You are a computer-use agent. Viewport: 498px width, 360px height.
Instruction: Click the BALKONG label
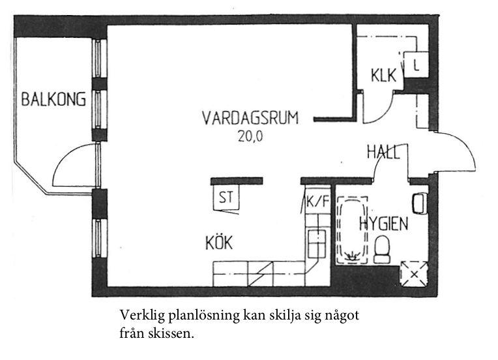[x=53, y=99]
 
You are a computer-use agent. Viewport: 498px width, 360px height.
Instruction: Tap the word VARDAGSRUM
[x=250, y=117]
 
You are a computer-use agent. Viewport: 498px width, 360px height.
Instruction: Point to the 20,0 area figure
[x=250, y=136]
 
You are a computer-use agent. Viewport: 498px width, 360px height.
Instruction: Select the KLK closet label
[x=384, y=76]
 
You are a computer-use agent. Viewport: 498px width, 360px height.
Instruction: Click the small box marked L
[x=416, y=65]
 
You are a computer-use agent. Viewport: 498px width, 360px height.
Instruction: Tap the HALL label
[x=383, y=152]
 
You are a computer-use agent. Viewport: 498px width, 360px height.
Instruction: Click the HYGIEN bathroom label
[x=384, y=224]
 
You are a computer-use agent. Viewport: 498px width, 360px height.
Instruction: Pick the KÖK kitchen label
[x=219, y=243]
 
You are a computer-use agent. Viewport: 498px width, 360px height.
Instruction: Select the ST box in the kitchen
[x=226, y=197]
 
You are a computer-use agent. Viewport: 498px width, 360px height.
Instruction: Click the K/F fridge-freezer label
[x=317, y=201]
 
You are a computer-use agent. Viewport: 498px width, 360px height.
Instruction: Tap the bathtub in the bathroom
[x=352, y=230]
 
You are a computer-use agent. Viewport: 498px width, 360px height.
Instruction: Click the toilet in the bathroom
[x=382, y=249]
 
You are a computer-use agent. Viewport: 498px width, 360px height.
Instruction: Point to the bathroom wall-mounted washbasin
[x=420, y=203]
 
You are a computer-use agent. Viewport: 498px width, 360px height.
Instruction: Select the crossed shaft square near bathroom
[x=414, y=274]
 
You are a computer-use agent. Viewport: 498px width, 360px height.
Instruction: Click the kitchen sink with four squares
[x=317, y=244]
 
